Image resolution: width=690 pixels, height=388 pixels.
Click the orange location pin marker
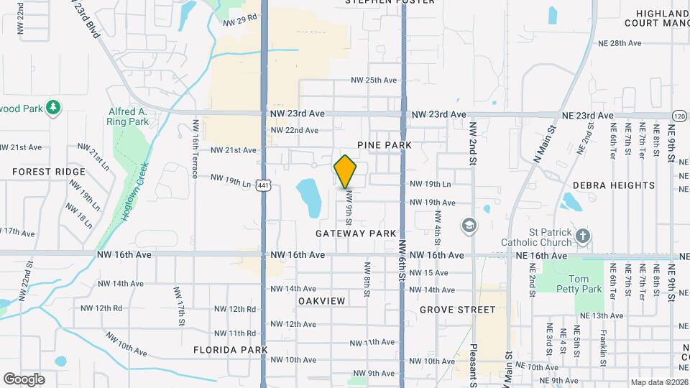(345, 172)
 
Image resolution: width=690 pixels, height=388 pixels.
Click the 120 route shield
(680, 116)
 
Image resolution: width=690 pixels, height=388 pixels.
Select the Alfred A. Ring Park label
(128, 116)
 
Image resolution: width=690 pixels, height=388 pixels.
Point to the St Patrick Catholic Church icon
(583, 236)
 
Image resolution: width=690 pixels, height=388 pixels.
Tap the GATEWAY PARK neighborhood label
(356, 234)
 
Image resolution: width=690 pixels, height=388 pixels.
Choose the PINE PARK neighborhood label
(387, 145)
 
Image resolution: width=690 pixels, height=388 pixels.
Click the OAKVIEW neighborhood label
(321, 300)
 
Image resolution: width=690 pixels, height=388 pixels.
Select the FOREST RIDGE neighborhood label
(49, 172)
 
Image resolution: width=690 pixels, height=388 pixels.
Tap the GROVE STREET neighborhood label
(458, 310)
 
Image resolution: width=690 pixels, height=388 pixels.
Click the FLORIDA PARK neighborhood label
(230, 350)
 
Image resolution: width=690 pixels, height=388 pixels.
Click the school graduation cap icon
(469, 226)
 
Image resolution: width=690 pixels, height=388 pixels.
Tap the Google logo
(24, 379)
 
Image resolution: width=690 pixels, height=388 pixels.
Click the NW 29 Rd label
(239, 22)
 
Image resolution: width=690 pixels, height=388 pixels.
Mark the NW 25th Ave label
(372, 80)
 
